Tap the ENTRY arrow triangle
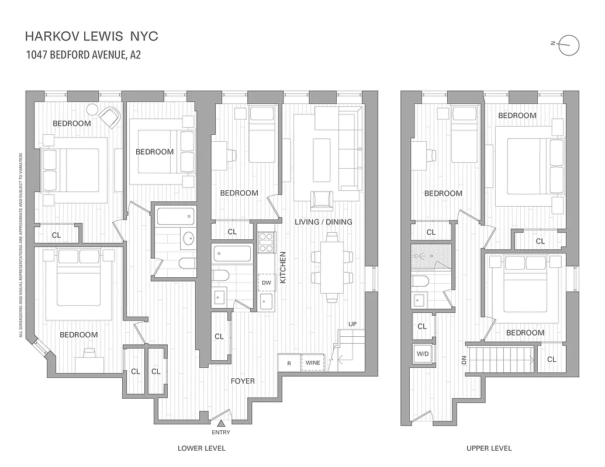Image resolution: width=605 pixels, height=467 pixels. click(222, 424)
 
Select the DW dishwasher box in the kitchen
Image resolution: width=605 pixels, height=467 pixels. click(267, 283)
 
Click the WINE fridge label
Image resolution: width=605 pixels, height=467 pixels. click(313, 363)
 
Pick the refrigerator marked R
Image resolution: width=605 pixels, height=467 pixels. click(289, 363)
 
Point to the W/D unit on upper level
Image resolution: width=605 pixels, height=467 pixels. click(422, 353)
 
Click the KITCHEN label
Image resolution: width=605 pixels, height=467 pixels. click(283, 267)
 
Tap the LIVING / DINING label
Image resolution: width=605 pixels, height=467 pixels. click(323, 222)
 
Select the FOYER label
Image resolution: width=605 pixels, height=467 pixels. click(243, 381)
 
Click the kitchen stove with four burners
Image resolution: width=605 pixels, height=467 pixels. click(267, 241)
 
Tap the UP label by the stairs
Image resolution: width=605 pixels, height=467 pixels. click(352, 323)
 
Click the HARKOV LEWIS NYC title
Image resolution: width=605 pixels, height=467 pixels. click(91, 36)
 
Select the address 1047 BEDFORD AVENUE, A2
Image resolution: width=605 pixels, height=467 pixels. click(82, 55)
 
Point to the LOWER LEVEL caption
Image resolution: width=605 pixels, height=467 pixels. click(202, 448)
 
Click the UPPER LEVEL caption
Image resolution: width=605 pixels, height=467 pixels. click(489, 448)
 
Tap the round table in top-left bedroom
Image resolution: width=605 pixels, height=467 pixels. click(92, 109)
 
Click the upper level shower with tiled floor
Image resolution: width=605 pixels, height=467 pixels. click(431, 256)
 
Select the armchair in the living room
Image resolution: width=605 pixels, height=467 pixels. click(322, 200)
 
